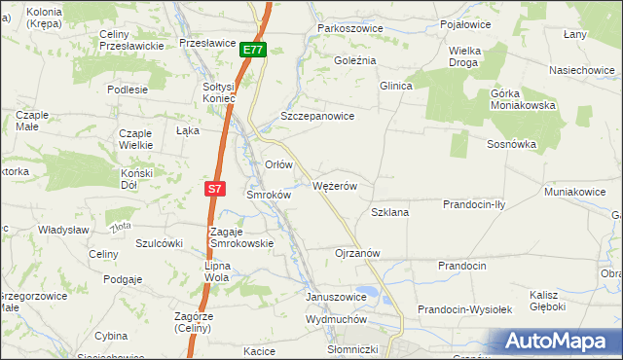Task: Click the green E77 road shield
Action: pos(252,50)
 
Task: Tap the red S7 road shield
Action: pos(216,188)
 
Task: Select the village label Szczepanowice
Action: pos(316,115)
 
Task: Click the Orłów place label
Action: pos(278,164)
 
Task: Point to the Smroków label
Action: pos(268,195)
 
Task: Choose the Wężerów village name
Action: pos(337,185)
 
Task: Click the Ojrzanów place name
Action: pos(356,252)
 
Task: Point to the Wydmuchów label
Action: pos(335,319)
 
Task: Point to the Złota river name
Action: pos(121,227)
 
